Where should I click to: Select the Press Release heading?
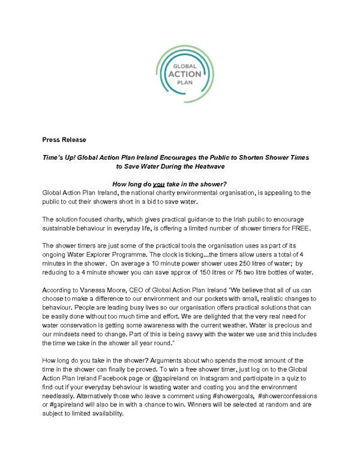pos(64,140)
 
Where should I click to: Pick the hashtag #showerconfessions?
pos(285,398)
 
